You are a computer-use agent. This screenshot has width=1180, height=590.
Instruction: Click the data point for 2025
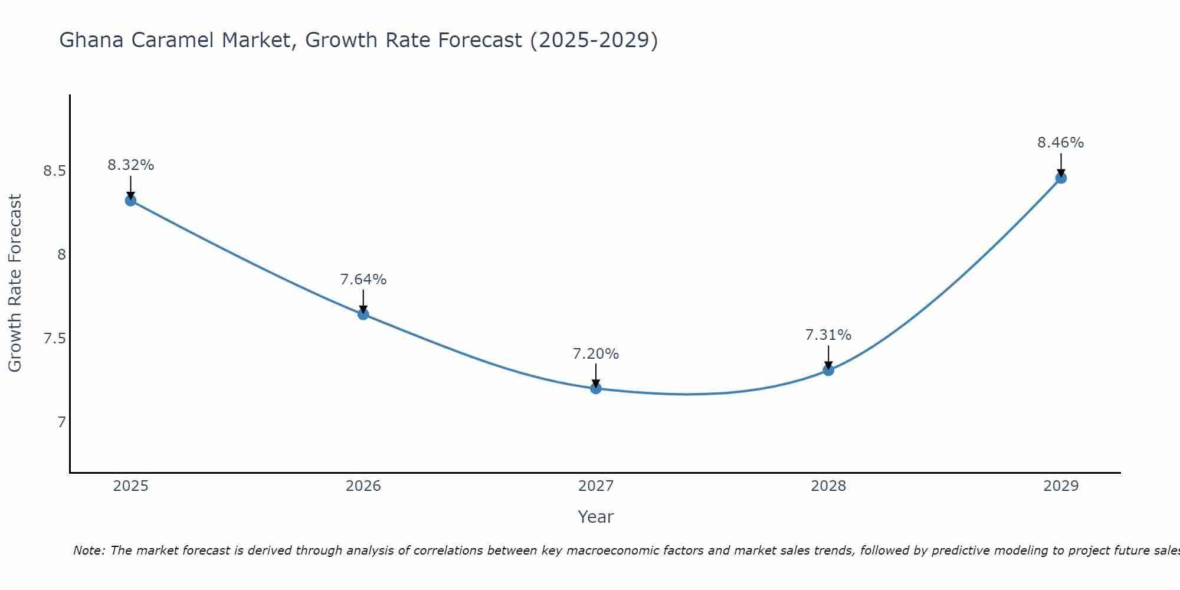[130, 201]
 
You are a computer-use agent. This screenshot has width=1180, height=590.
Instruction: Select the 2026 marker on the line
[363, 314]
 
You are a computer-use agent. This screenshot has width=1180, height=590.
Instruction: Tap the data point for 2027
[596, 388]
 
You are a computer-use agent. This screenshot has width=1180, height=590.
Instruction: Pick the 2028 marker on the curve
[828, 370]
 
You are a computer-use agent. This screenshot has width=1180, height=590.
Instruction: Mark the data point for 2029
[1061, 178]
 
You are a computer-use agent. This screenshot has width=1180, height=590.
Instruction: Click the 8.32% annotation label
[130, 165]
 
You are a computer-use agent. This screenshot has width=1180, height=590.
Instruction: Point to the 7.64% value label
[363, 280]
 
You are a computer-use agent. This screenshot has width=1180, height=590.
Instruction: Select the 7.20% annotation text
[596, 354]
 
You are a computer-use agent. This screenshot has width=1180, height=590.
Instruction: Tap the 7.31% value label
[828, 335]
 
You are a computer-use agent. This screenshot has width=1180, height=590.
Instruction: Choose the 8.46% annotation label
[1061, 143]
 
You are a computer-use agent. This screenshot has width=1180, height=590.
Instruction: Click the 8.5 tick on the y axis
[55, 171]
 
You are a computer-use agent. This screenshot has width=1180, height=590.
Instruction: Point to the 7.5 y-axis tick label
[55, 339]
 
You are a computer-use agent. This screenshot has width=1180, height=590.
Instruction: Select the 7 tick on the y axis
[61, 422]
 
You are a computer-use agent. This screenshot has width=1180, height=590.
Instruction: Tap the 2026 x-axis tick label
[363, 486]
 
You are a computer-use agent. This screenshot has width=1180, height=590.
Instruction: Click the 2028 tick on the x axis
[828, 486]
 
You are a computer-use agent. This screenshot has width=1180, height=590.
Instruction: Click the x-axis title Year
[596, 517]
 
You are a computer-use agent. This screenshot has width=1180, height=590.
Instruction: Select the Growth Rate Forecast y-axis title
[15, 283]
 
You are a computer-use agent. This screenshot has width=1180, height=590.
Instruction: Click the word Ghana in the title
[92, 40]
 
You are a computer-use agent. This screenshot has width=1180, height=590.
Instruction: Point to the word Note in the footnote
[88, 550]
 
